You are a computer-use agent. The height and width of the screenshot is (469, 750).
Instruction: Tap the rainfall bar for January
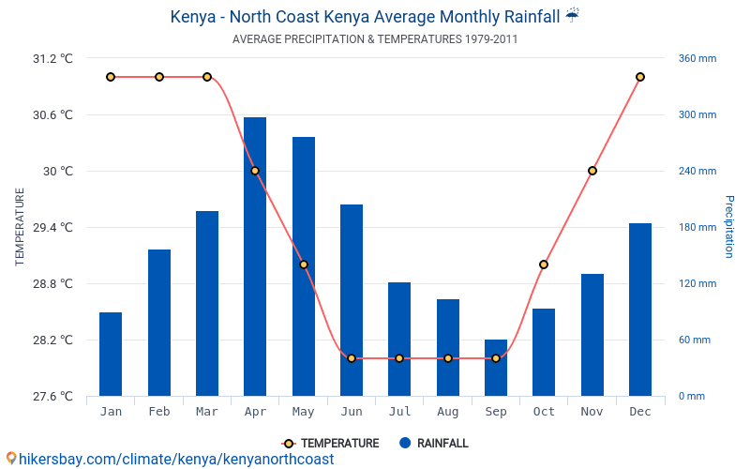[x=111, y=354]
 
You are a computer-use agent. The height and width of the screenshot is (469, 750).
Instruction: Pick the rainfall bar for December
[x=640, y=310]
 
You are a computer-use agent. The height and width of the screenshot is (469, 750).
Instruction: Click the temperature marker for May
[x=304, y=265]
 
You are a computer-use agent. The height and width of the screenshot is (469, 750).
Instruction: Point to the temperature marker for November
[x=592, y=171]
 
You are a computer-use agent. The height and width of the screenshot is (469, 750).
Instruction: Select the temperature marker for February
[x=159, y=77]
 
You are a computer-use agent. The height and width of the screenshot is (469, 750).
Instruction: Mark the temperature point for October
[x=544, y=265]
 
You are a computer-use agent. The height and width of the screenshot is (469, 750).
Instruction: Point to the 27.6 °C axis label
[x=52, y=396]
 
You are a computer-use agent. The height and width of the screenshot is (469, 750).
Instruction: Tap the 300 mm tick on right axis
[x=697, y=114]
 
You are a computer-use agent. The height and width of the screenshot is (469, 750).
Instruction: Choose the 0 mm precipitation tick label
[x=692, y=396]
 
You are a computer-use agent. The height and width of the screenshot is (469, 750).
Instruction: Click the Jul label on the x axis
[x=399, y=412]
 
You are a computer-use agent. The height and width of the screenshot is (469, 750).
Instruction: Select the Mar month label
[x=207, y=412]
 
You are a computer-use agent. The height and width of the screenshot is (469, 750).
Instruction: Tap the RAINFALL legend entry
[x=433, y=444]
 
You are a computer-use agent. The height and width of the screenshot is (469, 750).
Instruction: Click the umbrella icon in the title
[x=573, y=16]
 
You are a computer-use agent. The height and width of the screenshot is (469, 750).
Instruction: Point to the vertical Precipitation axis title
[x=728, y=227]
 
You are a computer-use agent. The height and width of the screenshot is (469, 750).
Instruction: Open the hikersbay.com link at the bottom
[x=169, y=459]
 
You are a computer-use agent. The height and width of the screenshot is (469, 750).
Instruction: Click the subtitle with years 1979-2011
[x=375, y=39]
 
